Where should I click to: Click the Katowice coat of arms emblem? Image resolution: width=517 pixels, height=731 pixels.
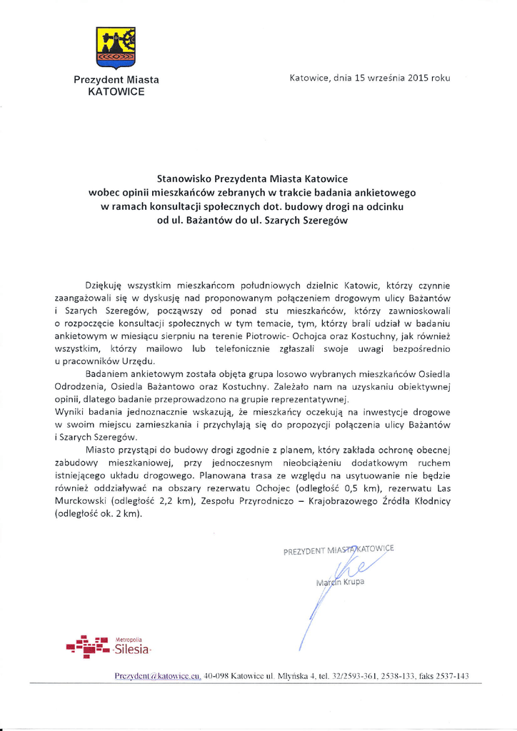coord(116,47)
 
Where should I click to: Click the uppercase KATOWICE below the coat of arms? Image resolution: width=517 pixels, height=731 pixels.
coord(116,91)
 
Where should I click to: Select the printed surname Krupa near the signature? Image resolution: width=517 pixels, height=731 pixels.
coord(351,582)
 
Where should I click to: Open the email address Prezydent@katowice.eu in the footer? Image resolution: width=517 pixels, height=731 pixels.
coord(158,675)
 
